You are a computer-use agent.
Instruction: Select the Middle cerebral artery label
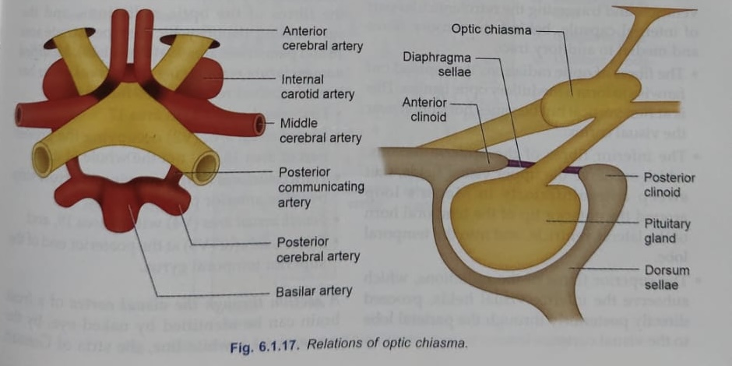pos(319,130)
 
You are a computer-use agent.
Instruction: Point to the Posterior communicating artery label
pos(321,187)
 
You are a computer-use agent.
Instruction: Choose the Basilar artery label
pos(315,292)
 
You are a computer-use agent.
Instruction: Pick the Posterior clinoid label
pos(669,185)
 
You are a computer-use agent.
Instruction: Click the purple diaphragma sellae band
pos(545,165)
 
